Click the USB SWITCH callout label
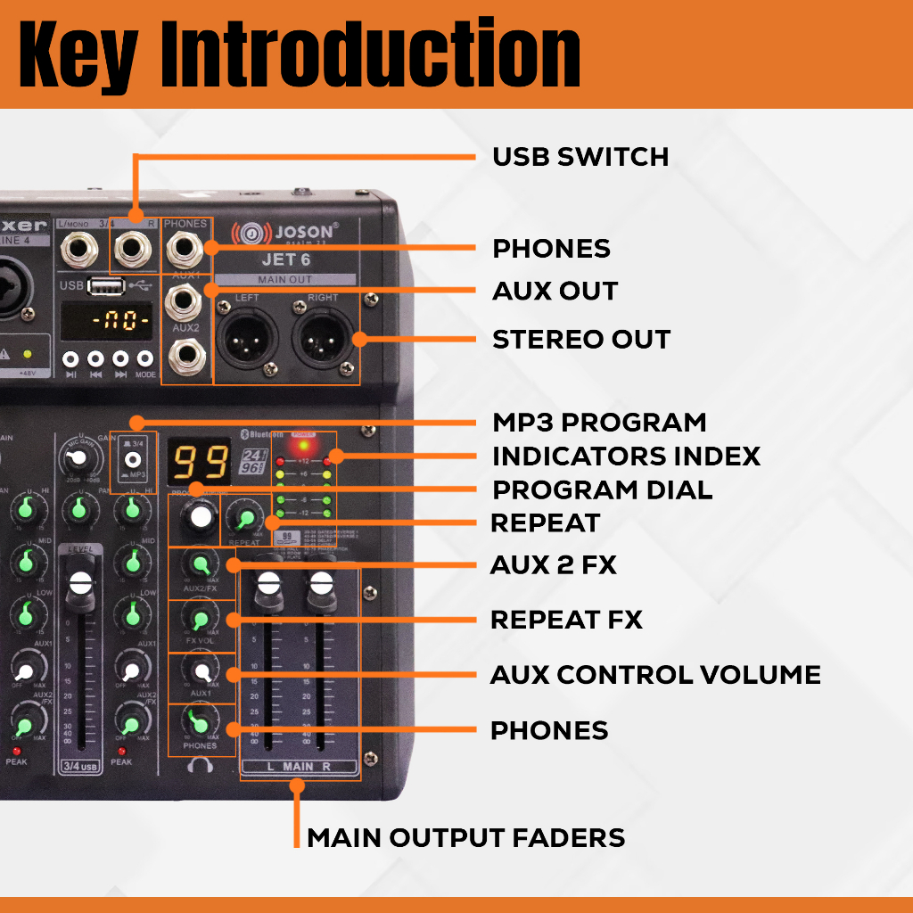pyautogui.click(x=580, y=157)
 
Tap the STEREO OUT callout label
pyautogui.click(x=581, y=340)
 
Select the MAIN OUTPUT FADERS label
pyautogui.click(x=465, y=838)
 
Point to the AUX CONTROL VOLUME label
pyautogui.click(x=655, y=675)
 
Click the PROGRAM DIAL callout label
pyautogui.click(x=602, y=489)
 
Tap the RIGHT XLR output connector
pyautogui.click(x=322, y=338)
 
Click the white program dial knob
pyautogui.click(x=201, y=517)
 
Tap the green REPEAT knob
pyautogui.click(x=244, y=518)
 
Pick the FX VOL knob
pyautogui.click(x=199, y=619)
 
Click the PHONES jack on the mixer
pyautogui.click(x=186, y=248)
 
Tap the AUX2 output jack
pyautogui.click(x=185, y=356)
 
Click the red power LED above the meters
pyautogui.click(x=304, y=444)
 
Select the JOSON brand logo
pyautogui.click(x=285, y=234)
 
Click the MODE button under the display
pyautogui.click(x=145, y=359)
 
